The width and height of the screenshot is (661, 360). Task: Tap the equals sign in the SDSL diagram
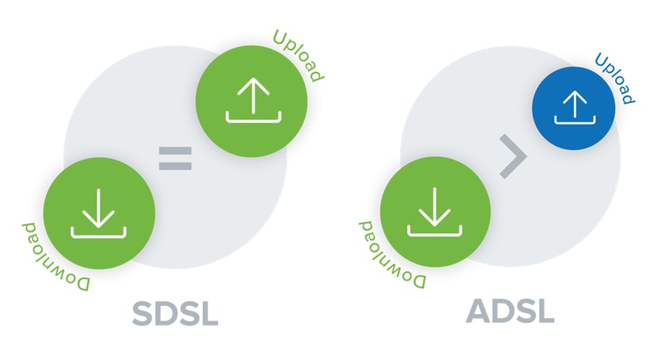click(175, 158)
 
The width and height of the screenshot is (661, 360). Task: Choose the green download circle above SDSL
click(99, 213)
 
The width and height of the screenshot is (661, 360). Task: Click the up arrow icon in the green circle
click(252, 99)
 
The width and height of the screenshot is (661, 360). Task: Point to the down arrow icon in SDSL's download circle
click(99, 213)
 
